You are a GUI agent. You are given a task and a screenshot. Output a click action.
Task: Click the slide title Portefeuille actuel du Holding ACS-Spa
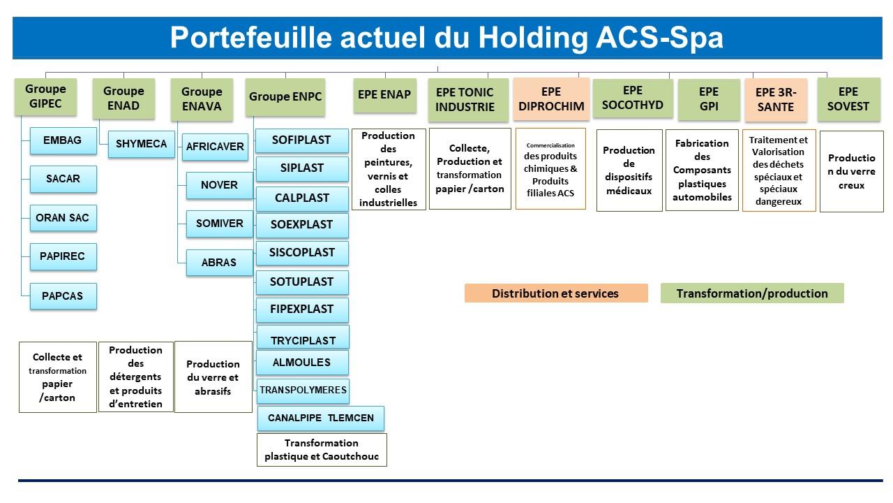pyautogui.click(x=446, y=38)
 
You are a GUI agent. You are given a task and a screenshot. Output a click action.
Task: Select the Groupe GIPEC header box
pyautogui.click(x=45, y=96)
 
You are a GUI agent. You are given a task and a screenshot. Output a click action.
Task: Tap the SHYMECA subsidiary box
pyautogui.click(x=141, y=144)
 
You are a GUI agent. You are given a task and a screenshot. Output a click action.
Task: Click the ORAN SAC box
pyautogui.click(x=63, y=218)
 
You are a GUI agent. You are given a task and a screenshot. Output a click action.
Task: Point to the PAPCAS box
pyautogui.click(x=63, y=296)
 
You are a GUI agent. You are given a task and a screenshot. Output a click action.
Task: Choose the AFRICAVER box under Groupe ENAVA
pyautogui.click(x=215, y=147)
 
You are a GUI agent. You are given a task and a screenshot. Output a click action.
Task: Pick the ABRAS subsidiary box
pyautogui.click(x=219, y=263)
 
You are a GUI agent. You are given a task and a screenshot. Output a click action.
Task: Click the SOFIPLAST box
pyautogui.click(x=301, y=140)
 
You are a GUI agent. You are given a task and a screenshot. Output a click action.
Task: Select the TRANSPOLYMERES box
pyautogui.click(x=303, y=391)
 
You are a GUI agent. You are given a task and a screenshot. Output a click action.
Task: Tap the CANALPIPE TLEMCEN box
pyautogui.click(x=321, y=418)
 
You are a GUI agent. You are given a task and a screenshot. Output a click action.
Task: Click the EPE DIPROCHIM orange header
pyautogui.click(x=551, y=99)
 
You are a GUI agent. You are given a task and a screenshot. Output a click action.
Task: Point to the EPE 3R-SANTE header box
pyautogui.click(x=776, y=99)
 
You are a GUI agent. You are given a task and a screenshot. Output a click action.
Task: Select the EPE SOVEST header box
pyautogui.click(x=848, y=99)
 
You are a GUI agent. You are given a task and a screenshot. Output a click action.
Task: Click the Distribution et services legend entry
pyautogui.click(x=555, y=293)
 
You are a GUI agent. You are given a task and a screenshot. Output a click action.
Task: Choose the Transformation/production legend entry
pyautogui.click(x=752, y=293)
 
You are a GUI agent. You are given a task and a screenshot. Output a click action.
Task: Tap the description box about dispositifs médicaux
pyautogui.click(x=629, y=170)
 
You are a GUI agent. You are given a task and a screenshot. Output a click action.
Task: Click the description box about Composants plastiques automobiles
pyautogui.click(x=702, y=170)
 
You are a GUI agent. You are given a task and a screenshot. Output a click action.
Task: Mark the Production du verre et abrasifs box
pyautogui.click(x=213, y=377)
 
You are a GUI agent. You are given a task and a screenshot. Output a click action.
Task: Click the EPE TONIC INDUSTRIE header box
pyautogui.click(x=468, y=100)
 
